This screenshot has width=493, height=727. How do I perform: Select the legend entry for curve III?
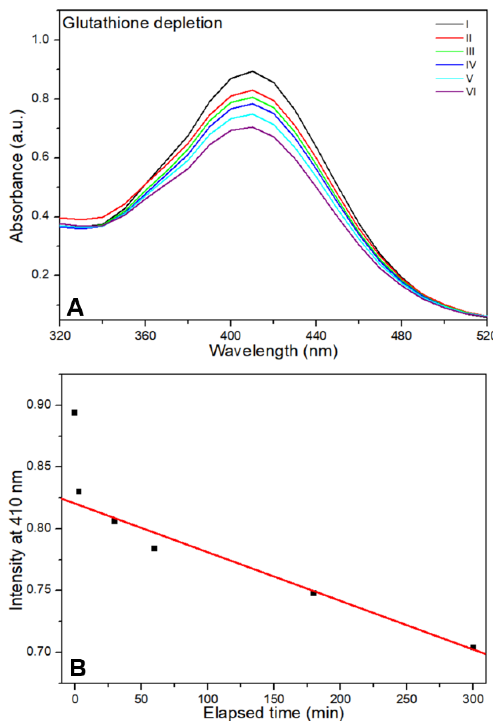coord(455,51)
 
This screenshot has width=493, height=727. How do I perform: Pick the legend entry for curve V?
coord(455,78)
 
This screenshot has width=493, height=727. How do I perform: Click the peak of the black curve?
coord(252,72)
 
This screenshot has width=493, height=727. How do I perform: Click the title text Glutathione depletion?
coord(143,23)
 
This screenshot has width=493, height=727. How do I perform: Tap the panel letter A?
coord(75,307)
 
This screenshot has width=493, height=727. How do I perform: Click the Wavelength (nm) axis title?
coord(273,351)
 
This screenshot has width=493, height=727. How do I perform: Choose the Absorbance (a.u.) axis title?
coord(17,176)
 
